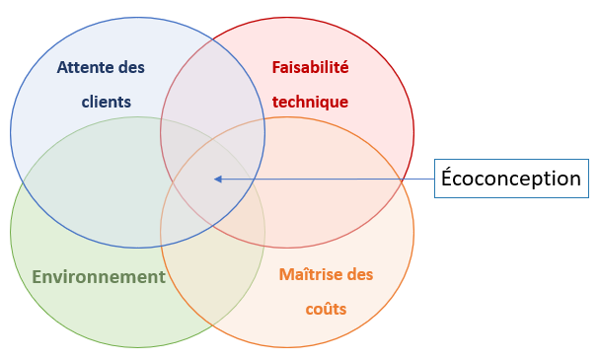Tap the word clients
point(106,102)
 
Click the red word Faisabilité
point(310,68)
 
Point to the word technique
point(310,102)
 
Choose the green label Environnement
point(99,276)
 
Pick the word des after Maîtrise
point(360,274)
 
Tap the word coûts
point(327,308)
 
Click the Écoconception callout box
point(511,179)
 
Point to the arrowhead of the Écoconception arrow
point(217,179)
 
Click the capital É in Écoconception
point(447,178)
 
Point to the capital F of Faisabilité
point(276,68)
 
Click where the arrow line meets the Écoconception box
point(435,179)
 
